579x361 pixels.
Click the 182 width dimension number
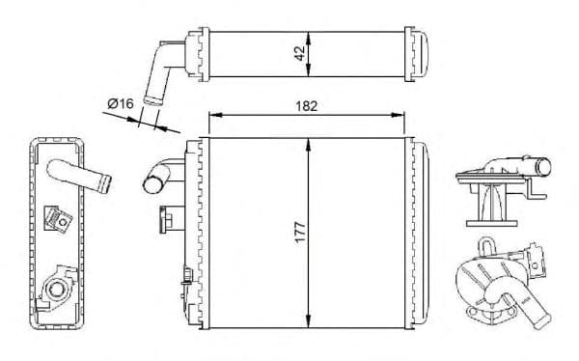(305, 105)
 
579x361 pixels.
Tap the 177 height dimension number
(300, 232)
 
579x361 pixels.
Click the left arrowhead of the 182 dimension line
(212, 117)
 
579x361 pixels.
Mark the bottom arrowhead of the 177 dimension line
(308, 324)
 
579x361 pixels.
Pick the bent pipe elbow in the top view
(159, 72)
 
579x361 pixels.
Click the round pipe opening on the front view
(152, 180)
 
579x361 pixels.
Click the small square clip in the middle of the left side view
(57, 217)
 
